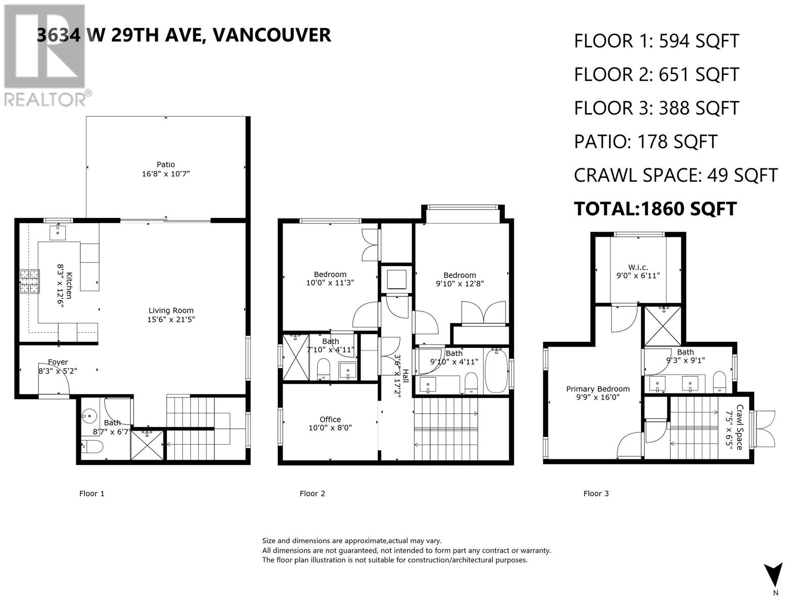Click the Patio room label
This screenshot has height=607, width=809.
tap(165, 165)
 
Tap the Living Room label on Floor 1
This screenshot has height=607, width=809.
tap(170, 311)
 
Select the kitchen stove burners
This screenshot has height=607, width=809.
tap(29, 282)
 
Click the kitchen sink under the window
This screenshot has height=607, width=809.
tap(58, 233)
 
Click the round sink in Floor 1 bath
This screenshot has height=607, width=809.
tap(88, 416)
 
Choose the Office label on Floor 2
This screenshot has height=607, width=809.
tap(330, 419)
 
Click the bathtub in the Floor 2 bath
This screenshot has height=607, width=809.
tap(496, 370)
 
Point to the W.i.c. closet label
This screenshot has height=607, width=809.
tap(638, 267)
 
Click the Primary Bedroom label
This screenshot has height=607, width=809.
tap(598, 389)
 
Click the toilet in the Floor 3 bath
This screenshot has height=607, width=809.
tap(720, 382)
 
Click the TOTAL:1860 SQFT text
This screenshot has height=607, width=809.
tap(655, 209)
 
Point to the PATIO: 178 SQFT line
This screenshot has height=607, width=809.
tap(645, 142)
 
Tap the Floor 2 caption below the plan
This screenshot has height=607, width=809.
tap(312, 494)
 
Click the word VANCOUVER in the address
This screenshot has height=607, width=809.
tap(272, 35)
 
